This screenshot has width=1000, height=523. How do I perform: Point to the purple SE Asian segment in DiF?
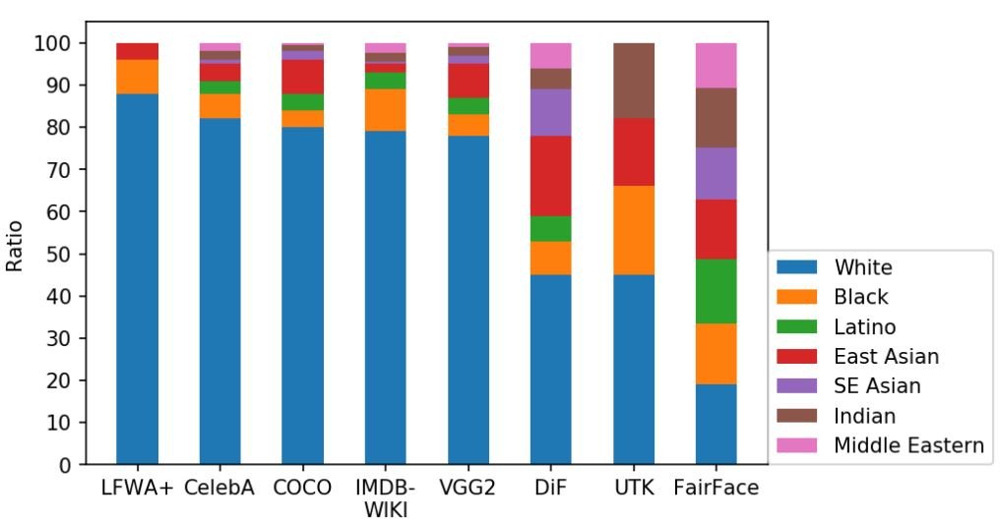550,112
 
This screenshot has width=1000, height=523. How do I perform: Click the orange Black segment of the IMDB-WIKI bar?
385,109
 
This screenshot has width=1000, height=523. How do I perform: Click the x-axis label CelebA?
219,489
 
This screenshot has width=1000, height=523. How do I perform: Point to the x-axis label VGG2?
468,489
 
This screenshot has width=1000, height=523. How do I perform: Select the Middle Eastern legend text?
908,445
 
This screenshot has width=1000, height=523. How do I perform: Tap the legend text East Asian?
886,356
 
